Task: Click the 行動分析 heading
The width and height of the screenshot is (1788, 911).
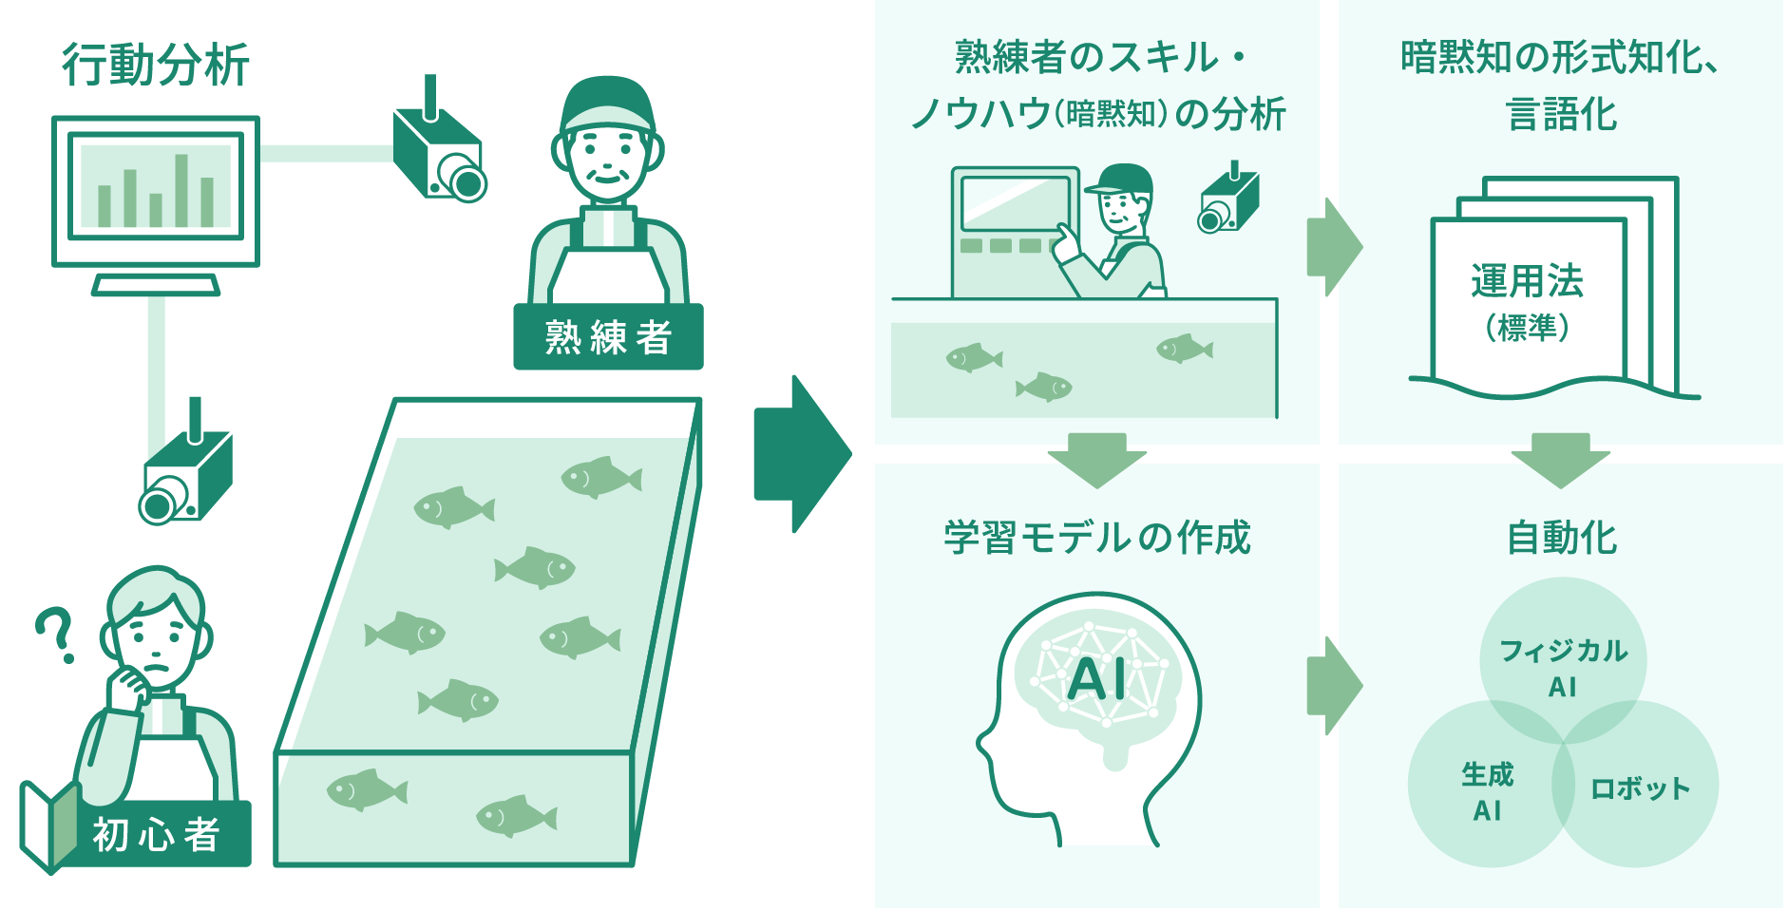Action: coord(156,66)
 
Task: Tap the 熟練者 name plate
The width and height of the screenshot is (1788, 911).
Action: coord(608,337)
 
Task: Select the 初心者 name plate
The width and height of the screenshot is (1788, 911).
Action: coord(157,834)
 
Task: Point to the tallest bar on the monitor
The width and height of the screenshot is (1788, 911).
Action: coord(181,189)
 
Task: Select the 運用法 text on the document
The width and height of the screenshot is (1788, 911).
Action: coord(1527,281)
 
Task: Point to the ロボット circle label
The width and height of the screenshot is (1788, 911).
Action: coord(1641,788)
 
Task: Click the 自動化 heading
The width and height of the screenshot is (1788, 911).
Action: coord(1561,538)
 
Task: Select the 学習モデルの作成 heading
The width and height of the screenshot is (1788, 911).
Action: coord(1097,538)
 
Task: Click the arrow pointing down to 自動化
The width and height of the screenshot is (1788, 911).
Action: coord(1560,459)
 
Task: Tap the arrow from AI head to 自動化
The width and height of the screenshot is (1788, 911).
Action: coord(1334,685)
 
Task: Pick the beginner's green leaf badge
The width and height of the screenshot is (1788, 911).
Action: coord(50,825)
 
